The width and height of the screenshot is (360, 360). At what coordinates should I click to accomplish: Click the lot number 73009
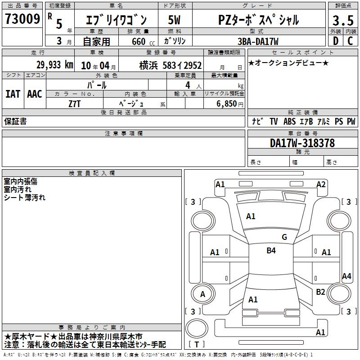[x=22, y=18]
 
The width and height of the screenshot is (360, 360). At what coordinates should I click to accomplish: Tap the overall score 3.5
[x=343, y=20]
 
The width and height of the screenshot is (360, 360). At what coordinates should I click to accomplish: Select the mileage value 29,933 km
[x=55, y=65]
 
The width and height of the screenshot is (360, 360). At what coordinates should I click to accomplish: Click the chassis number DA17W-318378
[x=302, y=143]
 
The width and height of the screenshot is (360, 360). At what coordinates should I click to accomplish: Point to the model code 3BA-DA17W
[x=258, y=41]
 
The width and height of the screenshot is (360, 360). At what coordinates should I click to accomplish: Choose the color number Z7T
[x=74, y=104]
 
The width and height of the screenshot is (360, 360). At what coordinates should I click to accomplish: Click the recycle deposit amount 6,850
[x=227, y=103]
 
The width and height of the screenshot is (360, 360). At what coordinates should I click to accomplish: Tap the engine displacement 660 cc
[x=143, y=41]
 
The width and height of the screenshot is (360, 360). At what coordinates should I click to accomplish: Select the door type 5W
[x=174, y=20]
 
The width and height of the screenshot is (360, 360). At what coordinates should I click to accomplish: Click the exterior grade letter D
[x=336, y=41]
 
